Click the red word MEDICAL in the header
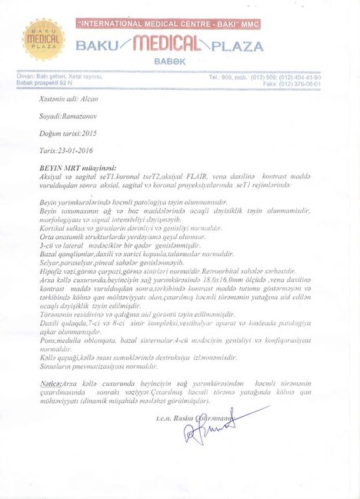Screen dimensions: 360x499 pyautogui.click(x=168, y=45)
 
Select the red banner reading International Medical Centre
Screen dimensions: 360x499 pyautogui.click(x=168, y=25)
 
